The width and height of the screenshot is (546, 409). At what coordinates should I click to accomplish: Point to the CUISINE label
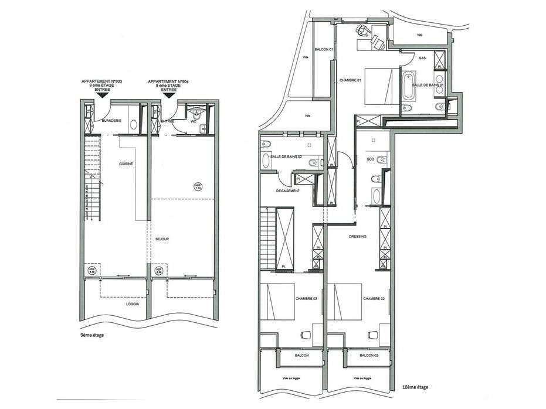pyautogui.click(x=126, y=164)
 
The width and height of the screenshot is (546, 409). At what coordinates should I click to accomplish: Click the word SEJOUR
pyautogui.click(x=162, y=239)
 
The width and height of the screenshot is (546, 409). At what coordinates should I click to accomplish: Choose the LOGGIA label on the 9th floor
pyautogui.click(x=133, y=304)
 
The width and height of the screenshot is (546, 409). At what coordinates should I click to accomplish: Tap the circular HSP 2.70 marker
pyautogui.click(x=197, y=186)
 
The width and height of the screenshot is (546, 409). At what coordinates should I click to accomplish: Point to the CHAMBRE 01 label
pyautogui.click(x=350, y=80)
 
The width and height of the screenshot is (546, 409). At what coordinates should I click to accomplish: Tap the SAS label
pyautogui.click(x=422, y=57)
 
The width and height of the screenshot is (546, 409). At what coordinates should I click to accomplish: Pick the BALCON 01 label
pyautogui.click(x=324, y=49)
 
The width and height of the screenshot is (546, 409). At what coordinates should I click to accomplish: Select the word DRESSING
pyautogui.click(x=357, y=237)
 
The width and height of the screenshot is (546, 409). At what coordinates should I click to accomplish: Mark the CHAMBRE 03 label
pyautogui.click(x=307, y=299)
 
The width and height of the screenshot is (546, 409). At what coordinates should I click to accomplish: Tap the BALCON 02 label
pyautogui.click(x=368, y=356)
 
